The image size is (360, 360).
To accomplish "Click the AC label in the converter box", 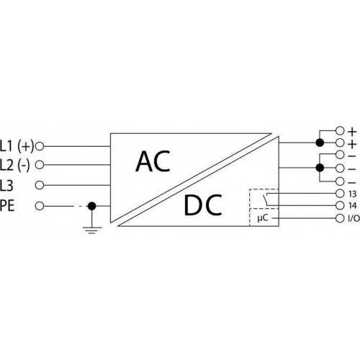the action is pos(153,161).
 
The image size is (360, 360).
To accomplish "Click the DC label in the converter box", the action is pos(203,205).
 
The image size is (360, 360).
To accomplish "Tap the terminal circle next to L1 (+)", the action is pos(40,146).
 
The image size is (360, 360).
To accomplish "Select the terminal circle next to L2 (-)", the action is pos(40,165).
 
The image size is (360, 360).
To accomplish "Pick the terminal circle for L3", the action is pos(40,185).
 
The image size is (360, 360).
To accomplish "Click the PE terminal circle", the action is pos(40,206).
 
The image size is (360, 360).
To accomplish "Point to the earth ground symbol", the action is pos(92,230).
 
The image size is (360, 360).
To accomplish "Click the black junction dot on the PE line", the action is pos(91,206).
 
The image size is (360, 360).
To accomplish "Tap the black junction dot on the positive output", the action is pos(320,143).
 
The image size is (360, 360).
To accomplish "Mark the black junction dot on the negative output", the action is pos(320,168).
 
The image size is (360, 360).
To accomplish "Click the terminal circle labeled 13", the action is pos(340,193).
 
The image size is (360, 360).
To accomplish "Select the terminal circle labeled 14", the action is pos(340,205).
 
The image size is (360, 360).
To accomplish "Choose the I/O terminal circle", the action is pos(340,218).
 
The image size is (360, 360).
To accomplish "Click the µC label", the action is pos(263,218).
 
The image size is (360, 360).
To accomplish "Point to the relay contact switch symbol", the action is pos(266,199).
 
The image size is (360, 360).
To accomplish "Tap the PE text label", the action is pos(7,206).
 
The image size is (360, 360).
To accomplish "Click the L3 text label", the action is pos(6,186).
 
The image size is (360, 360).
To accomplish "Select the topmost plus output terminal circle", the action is pos(340,131).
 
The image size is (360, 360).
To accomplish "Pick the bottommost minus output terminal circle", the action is pos(340,181).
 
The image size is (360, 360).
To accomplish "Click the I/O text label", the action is pos(354,218).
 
